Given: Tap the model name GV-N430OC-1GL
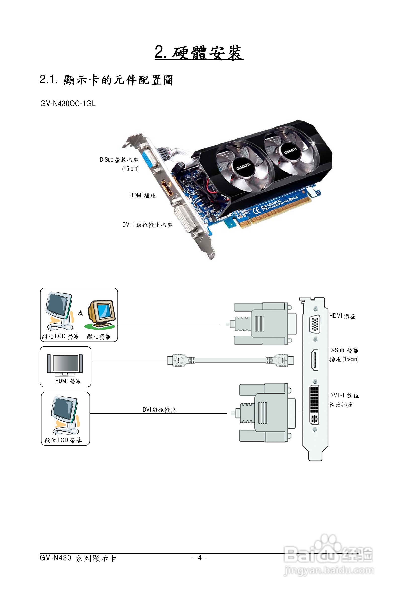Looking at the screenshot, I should [68, 104].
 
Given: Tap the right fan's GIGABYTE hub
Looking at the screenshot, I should [290, 151].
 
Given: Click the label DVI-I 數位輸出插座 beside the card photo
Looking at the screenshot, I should [147, 225].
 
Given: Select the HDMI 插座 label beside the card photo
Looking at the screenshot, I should [142, 195].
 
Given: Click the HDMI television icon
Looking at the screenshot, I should [65, 364].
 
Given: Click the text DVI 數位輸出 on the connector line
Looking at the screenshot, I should [159, 410].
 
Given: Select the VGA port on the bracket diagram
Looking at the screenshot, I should [315, 324].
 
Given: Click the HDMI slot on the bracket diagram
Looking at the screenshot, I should [315, 360].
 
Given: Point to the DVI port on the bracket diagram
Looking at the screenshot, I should [314, 404].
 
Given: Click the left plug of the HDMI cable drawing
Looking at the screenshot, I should [179, 360].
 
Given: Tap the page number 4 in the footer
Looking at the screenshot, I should [200, 558].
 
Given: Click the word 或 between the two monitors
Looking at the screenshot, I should [80, 313].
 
